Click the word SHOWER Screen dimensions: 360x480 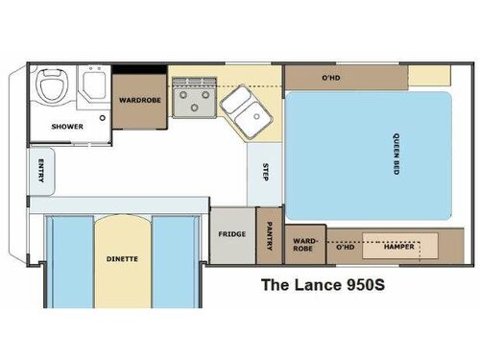(67, 126)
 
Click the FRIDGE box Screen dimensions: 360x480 (231, 233)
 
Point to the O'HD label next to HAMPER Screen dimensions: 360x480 (344, 246)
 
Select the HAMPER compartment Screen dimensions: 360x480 (397, 246)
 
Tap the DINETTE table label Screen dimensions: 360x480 (122, 258)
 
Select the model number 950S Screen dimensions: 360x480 (370, 284)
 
